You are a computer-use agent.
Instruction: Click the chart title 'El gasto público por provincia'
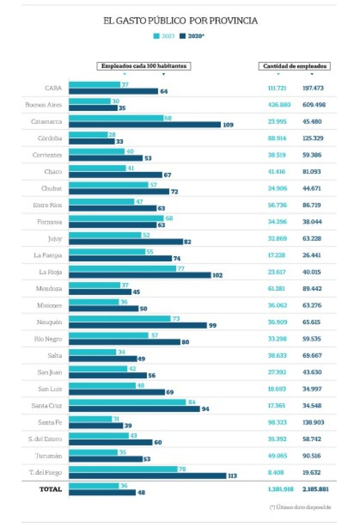pos(180,21)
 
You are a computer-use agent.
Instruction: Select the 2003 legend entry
pos(163,36)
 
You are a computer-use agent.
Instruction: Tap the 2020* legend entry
pos(192,36)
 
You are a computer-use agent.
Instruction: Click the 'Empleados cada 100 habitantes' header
pos(144,66)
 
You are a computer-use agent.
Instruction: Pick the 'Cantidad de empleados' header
pos(295,66)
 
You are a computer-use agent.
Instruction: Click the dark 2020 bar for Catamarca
pos(144,124)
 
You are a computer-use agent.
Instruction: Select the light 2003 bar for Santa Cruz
pos(127,402)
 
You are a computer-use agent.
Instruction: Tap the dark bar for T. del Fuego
pos(147,476)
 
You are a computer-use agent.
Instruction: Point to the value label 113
pos(232,476)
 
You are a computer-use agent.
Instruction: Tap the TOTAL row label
pos(50,489)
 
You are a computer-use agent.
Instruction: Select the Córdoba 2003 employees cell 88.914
pos(277,138)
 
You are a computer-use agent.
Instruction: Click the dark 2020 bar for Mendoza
pos(100,292)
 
